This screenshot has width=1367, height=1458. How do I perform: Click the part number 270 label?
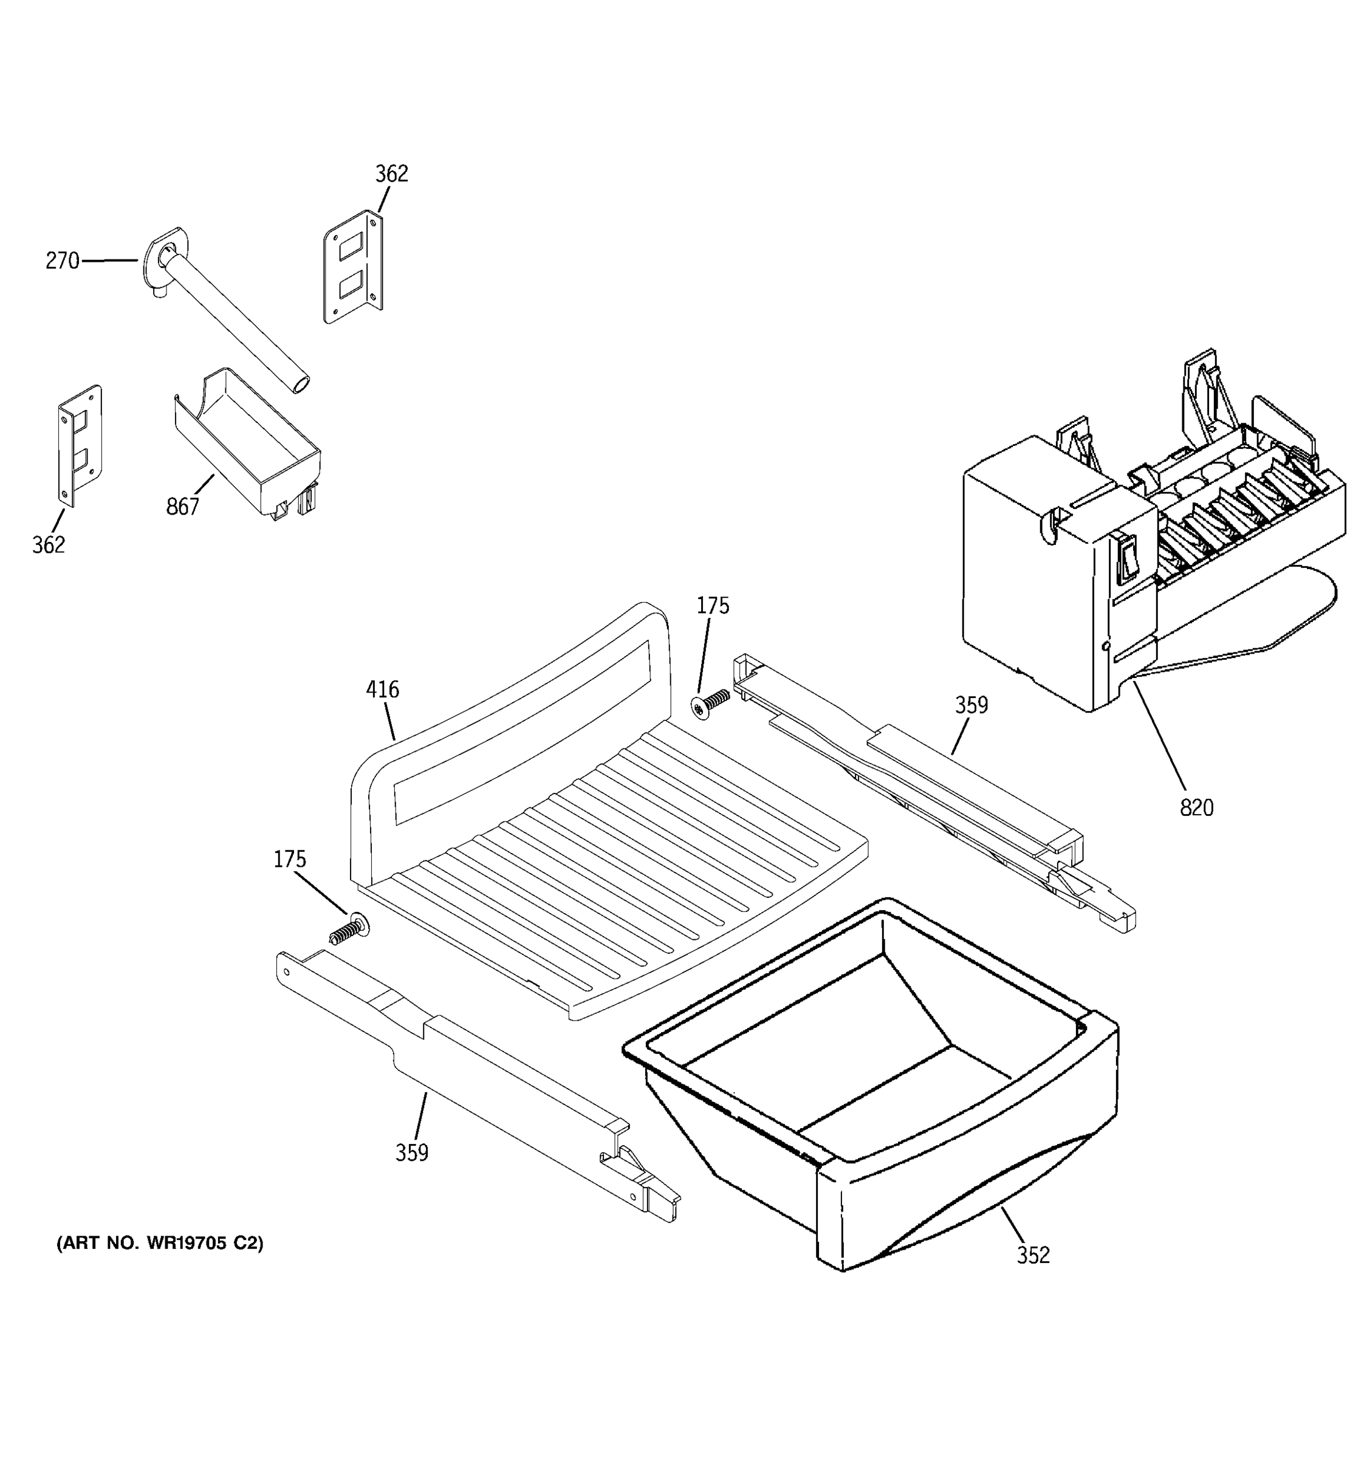[x=63, y=261]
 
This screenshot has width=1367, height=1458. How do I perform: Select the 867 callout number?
[x=183, y=506]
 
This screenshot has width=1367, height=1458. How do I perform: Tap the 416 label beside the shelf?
[x=383, y=690]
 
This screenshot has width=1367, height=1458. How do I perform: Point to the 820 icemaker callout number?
[x=1197, y=808]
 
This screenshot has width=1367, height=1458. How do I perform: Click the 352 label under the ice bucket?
[x=1033, y=1256]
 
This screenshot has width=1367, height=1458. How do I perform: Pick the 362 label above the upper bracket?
[x=392, y=174]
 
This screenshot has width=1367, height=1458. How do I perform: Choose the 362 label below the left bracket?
[x=49, y=545]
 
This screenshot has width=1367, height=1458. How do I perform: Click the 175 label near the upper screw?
[x=713, y=606]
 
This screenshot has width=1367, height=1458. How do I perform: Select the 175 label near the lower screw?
[x=290, y=860]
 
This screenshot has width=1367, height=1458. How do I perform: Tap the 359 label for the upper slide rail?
[x=971, y=705]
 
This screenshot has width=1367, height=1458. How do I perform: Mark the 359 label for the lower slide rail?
[x=411, y=1153]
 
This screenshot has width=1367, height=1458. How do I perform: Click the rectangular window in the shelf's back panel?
[x=522, y=730]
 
